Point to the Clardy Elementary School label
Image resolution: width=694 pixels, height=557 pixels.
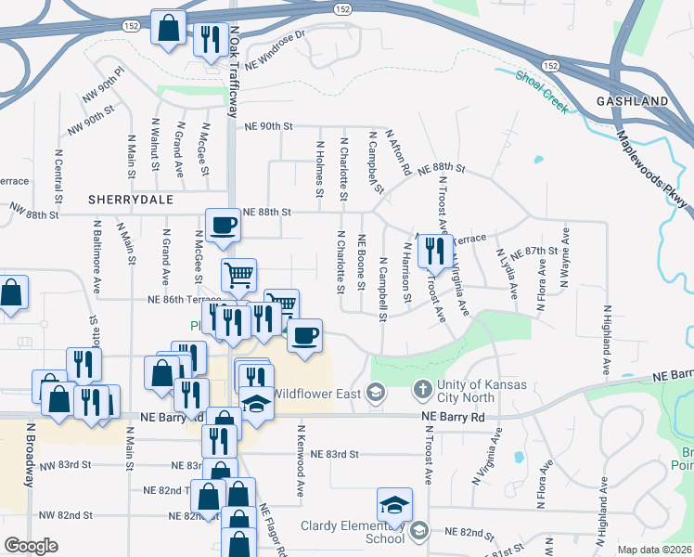point(353,531)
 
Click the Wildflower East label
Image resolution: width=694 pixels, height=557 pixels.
point(315,394)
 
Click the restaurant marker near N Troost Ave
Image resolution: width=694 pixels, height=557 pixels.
point(435,251)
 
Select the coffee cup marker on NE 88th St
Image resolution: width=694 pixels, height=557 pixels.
point(223,226)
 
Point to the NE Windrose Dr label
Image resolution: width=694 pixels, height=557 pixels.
point(276,51)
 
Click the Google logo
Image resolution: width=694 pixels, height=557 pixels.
point(31,546)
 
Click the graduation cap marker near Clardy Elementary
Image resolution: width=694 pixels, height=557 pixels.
point(393,506)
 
